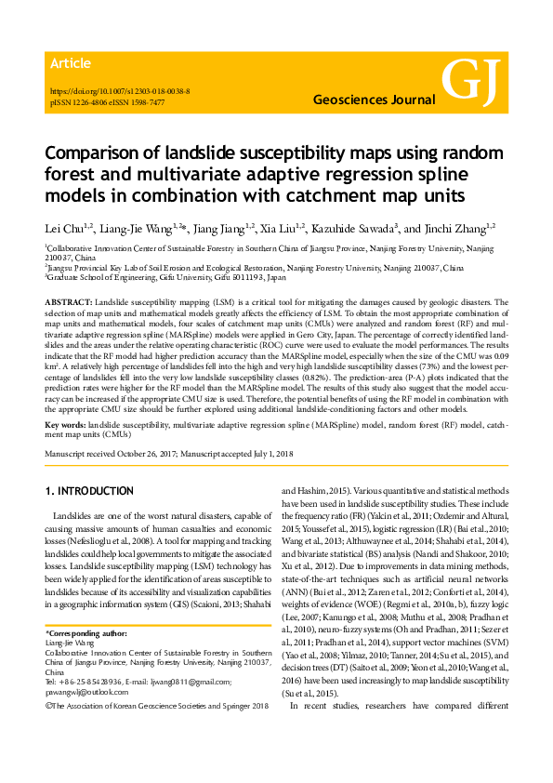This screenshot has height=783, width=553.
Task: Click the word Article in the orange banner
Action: pos(71,63)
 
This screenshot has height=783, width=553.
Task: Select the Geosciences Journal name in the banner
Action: pos(372,99)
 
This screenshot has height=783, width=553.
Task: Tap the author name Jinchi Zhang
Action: pos(463,226)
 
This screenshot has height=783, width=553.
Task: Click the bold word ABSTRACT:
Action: pos(68,303)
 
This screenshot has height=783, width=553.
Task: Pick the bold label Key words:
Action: pos(66,422)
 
